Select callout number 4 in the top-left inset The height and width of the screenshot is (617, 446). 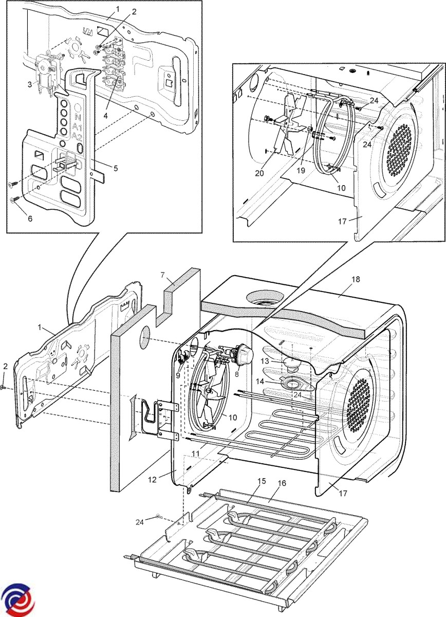coord(105,116)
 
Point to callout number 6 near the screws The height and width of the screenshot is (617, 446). coord(30,219)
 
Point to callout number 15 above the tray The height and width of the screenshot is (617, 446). coord(262,481)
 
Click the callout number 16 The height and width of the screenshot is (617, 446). coord(282,484)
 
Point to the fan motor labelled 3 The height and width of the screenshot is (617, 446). coord(46,69)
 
